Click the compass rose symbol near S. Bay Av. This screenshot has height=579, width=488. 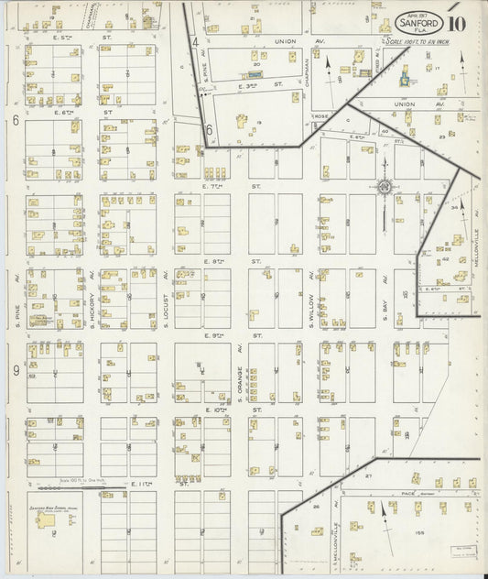click(x=385, y=188)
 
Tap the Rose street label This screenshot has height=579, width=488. click(x=321, y=116)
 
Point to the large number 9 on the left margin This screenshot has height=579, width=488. click(x=16, y=370)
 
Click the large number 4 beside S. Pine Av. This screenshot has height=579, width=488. click(x=195, y=42)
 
